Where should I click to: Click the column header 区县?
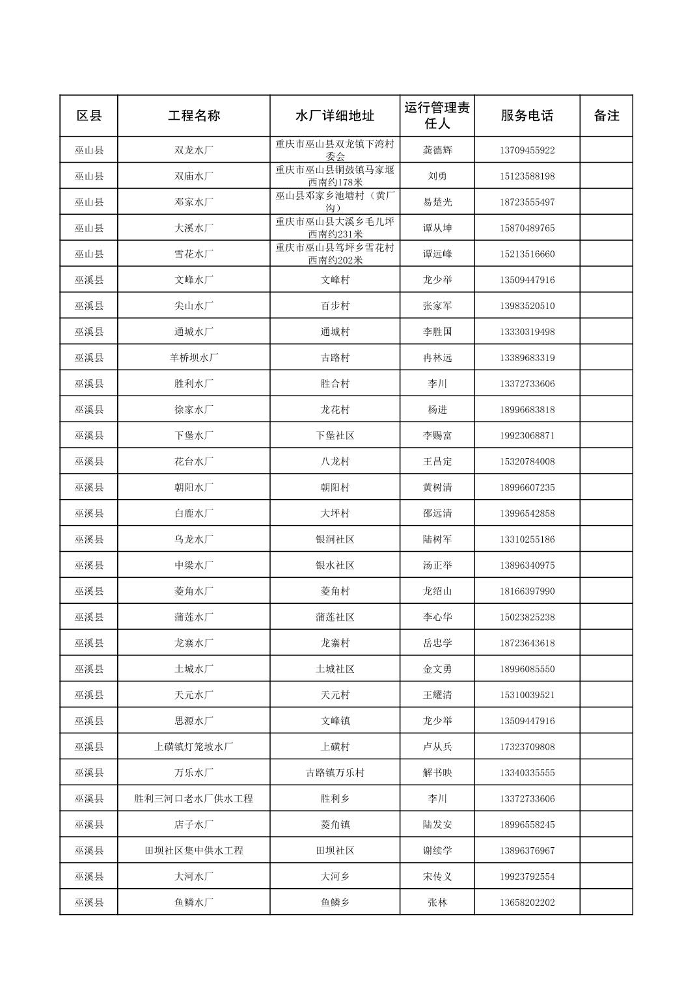pyautogui.click(x=89, y=116)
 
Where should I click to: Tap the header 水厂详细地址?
pyautogui.click(x=335, y=116)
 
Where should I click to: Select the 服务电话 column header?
pyautogui.click(x=527, y=116)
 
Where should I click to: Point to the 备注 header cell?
pyautogui.click(x=606, y=116)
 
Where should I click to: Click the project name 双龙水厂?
pyautogui.click(x=194, y=150)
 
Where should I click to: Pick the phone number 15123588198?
pyautogui.click(x=527, y=176)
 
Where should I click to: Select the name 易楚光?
pyautogui.click(x=437, y=202)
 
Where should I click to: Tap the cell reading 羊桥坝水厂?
pyautogui.click(x=194, y=358)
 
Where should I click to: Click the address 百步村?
pyautogui.click(x=335, y=306)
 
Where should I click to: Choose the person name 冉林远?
pyautogui.click(x=437, y=358)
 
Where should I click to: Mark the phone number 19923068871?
pyautogui.click(x=527, y=435)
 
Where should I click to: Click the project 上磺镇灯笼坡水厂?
pyautogui.click(x=194, y=747)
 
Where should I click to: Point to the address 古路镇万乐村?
pyautogui.click(x=335, y=773)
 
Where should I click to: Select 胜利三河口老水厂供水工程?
pyautogui.click(x=194, y=799)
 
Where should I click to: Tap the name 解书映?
pyautogui.click(x=437, y=773)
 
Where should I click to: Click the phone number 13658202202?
pyautogui.click(x=527, y=902)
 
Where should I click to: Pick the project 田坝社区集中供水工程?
pyautogui.click(x=194, y=850)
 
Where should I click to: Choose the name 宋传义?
pyautogui.click(x=437, y=876)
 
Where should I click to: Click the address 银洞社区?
pyautogui.click(x=335, y=539)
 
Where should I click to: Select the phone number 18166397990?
pyautogui.click(x=527, y=591)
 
